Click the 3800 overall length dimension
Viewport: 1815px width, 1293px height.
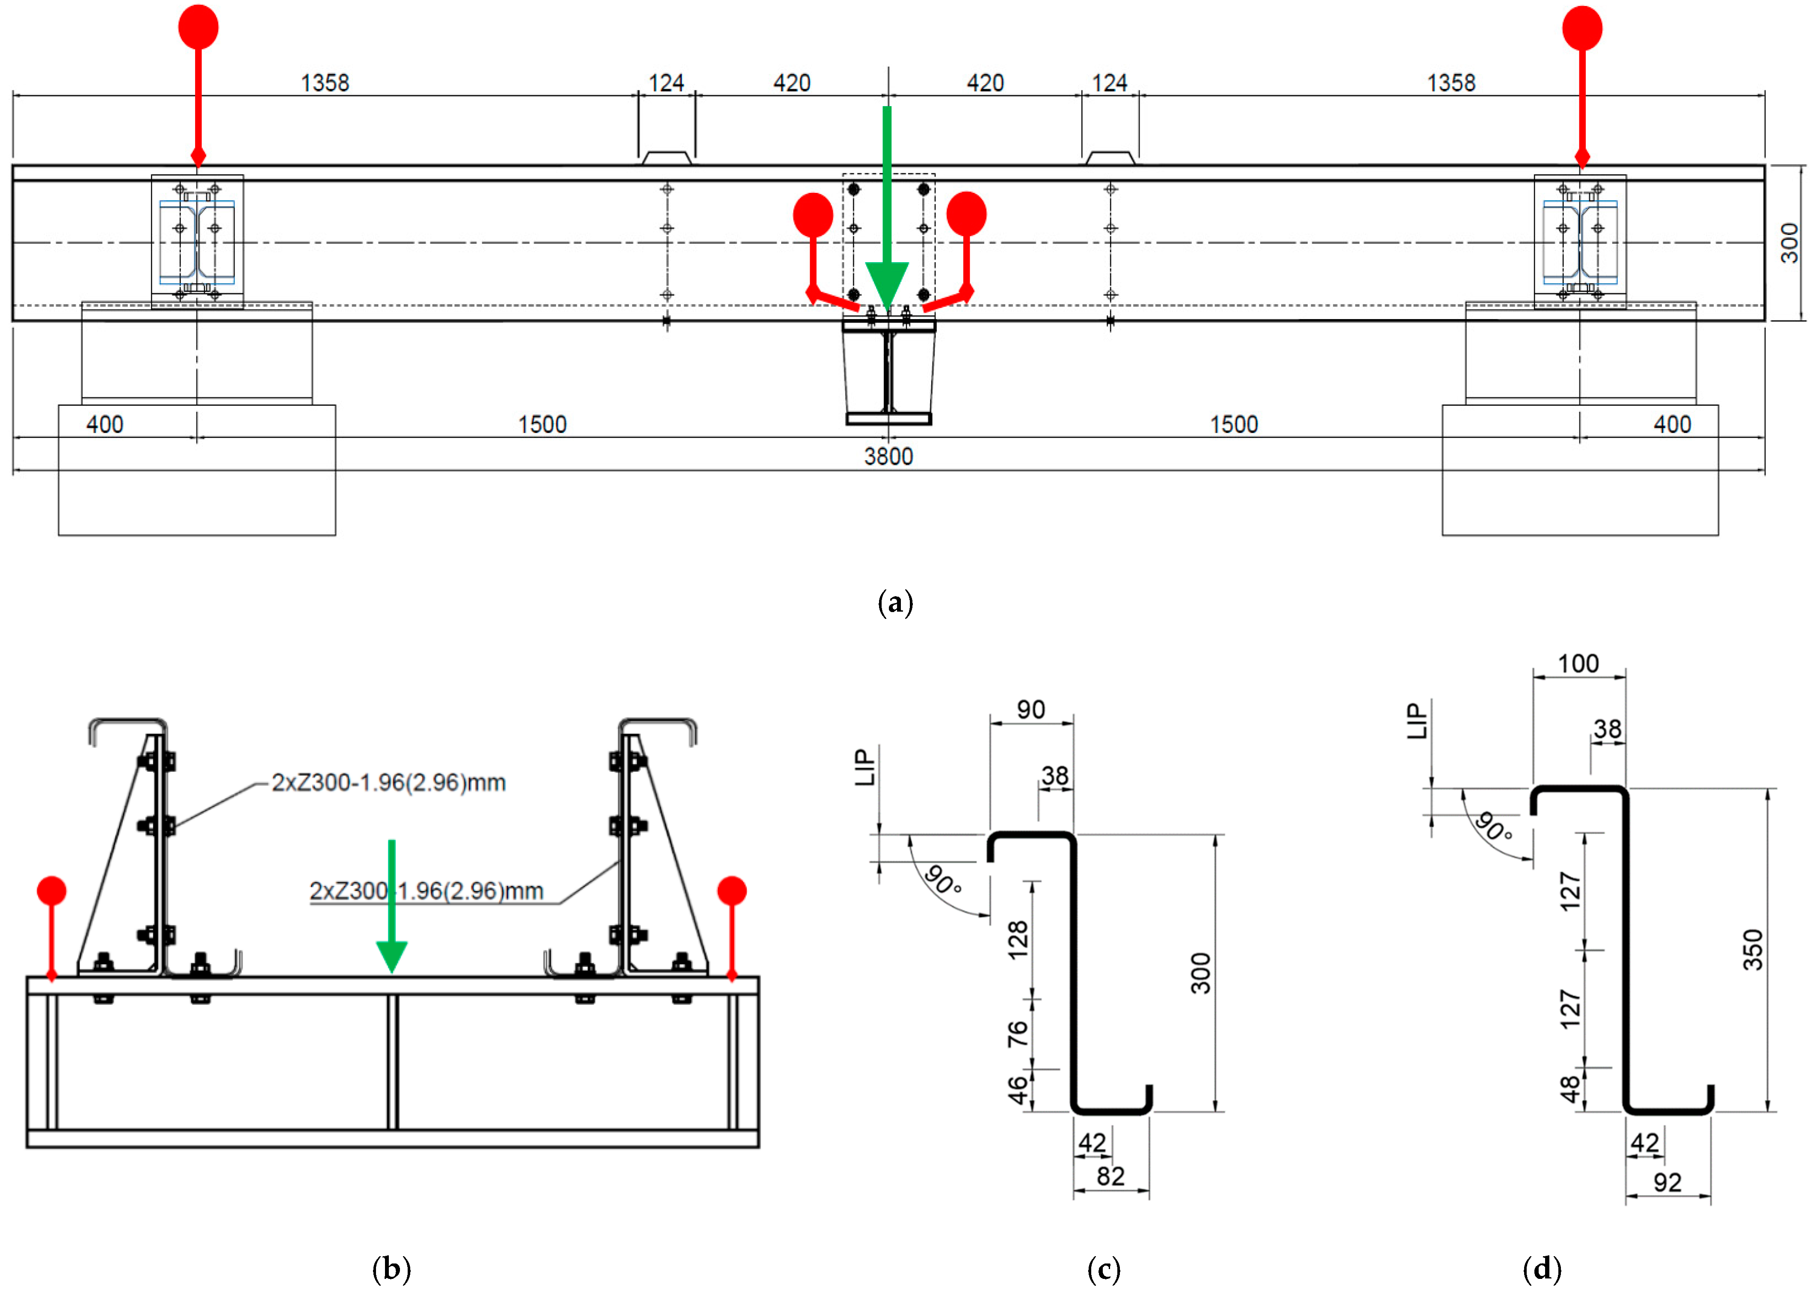pyautogui.click(x=888, y=456)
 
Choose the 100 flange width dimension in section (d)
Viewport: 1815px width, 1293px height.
pyautogui.click(x=1578, y=663)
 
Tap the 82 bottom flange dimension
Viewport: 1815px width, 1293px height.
pyautogui.click(x=1110, y=1176)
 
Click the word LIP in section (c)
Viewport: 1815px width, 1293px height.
pyautogui.click(x=865, y=767)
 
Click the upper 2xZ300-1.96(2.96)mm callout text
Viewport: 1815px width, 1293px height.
pyautogui.click(x=388, y=783)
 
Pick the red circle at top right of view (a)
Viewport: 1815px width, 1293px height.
pyautogui.click(x=1582, y=29)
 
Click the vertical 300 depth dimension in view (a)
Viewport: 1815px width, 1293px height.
pyautogui.click(x=1789, y=243)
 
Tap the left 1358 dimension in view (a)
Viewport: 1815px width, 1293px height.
pyautogui.click(x=325, y=83)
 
